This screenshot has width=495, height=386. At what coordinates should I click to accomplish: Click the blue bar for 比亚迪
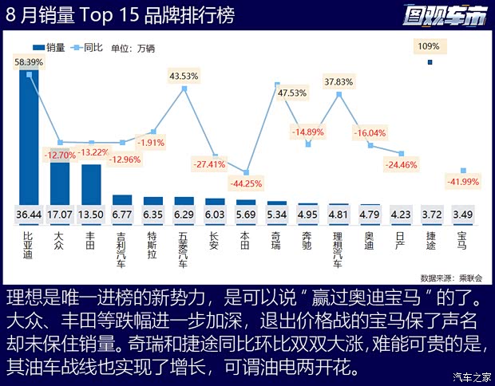tap(29, 136)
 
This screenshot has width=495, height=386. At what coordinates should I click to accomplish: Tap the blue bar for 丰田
tap(91, 183)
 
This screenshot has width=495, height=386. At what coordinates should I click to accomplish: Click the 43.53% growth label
tap(184, 76)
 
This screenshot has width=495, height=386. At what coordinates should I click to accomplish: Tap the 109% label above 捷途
tap(429, 45)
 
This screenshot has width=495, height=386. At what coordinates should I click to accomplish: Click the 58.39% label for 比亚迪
tap(29, 61)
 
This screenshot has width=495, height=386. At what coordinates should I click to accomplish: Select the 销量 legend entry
tap(49, 47)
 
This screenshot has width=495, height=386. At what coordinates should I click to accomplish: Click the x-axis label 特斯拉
tap(153, 242)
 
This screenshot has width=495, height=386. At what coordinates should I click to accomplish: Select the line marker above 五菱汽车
tap(184, 89)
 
